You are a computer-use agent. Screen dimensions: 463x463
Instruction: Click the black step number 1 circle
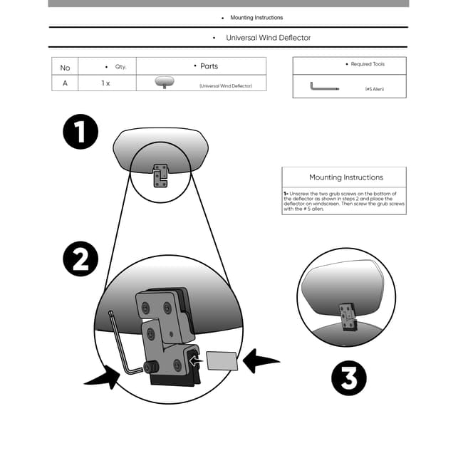point(80,132)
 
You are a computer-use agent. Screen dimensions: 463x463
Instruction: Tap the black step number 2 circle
point(80,259)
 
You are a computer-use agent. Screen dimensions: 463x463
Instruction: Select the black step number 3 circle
point(349,378)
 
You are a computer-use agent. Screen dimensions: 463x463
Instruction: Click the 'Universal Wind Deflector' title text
point(268,38)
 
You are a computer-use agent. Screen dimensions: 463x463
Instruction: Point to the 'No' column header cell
point(65,68)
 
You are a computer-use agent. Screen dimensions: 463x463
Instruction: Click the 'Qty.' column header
point(120,67)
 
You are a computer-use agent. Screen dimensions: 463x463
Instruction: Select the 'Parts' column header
point(209,66)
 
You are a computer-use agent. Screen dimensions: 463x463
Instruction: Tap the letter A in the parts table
point(65,83)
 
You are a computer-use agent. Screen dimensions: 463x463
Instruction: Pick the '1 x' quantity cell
point(105,83)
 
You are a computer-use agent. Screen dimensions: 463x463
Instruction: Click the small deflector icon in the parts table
point(165,82)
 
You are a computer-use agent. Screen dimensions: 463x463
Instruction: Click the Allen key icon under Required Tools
point(324,86)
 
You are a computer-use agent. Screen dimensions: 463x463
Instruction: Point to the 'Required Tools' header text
point(368,64)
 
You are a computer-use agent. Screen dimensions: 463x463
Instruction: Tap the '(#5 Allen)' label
point(375,89)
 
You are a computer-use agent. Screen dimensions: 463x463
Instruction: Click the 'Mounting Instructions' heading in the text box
point(346,177)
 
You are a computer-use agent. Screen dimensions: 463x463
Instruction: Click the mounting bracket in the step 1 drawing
point(160,176)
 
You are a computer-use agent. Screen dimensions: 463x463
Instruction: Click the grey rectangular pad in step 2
point(222,361)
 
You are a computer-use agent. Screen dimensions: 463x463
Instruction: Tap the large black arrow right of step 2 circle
point(260,361)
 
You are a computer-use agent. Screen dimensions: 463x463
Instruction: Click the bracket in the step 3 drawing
point(348,317)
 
